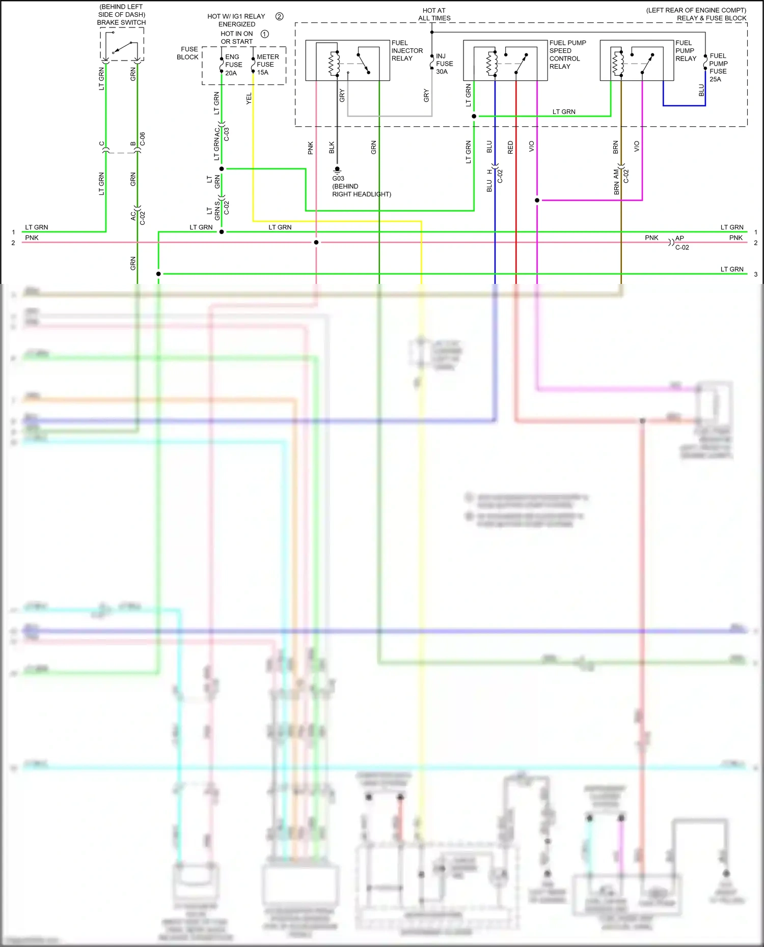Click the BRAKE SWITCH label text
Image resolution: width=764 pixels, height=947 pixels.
pos(121,22)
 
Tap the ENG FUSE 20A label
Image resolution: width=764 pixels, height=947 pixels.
pos(233,65)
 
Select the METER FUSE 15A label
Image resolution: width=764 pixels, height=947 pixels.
pos(267,65)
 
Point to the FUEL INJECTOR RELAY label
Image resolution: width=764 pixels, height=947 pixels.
pos(407,50)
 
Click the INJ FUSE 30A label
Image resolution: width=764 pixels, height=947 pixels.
pos(444,64)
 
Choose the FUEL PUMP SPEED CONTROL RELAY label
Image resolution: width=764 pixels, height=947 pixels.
pos(567,54)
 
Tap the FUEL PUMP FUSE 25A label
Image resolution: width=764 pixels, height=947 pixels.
pos(718,67)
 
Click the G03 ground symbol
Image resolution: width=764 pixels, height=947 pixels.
pos(337,169)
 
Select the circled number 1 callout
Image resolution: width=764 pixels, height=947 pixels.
pos(265,34)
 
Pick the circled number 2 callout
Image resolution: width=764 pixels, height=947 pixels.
pos(279,16)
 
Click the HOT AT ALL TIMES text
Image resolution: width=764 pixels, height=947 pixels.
pos(434,14)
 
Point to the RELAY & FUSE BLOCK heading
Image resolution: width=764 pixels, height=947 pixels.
pos(711,18)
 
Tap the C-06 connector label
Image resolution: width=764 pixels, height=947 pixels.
pos(143,139)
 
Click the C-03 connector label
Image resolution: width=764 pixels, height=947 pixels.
pos(227,134)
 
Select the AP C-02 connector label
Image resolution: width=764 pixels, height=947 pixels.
pos(681,243)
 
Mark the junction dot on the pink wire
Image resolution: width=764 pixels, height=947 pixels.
pos(316,242)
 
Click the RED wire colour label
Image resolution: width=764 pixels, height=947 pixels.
pos(510,148)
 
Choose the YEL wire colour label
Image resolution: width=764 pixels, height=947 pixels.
pos(249,99)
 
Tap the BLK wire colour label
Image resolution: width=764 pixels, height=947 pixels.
pos(332,148)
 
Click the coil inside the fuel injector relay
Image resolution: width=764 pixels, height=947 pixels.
pos(334,63)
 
